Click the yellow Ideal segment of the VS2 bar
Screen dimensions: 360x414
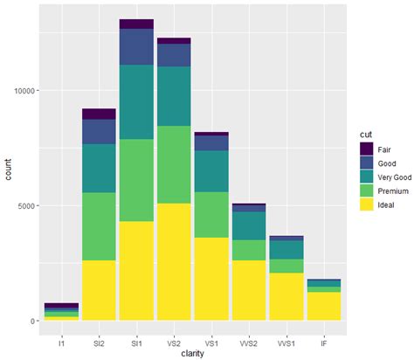point(174,261)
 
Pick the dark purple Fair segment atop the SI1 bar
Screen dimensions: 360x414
point(136,24)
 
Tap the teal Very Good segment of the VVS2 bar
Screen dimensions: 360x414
point(249,225)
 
